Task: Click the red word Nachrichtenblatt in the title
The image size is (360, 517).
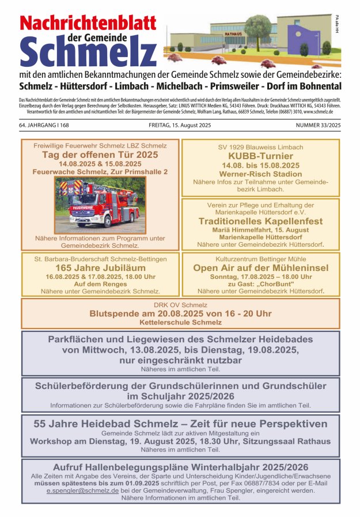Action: (88, 23)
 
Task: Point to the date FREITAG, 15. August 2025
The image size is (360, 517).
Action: (180, 125)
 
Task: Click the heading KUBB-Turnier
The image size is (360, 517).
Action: (260, 156)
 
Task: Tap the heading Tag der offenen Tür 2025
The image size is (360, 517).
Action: (100, 155)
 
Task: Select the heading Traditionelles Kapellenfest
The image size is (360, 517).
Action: (260, 221)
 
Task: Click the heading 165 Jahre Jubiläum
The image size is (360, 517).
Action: (100, 268)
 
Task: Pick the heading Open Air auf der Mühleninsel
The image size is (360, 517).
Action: (260, 268)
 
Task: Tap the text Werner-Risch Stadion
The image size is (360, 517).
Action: (260, 173)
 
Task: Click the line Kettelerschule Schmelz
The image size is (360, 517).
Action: (180, 322)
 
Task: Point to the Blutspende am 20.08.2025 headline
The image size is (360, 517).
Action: (180, 313)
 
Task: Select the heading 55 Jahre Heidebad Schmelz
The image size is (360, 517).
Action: (180, 424)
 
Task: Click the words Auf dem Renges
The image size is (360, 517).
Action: (100, 284)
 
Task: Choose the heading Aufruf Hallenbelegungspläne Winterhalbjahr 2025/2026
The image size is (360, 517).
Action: (180, 467)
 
